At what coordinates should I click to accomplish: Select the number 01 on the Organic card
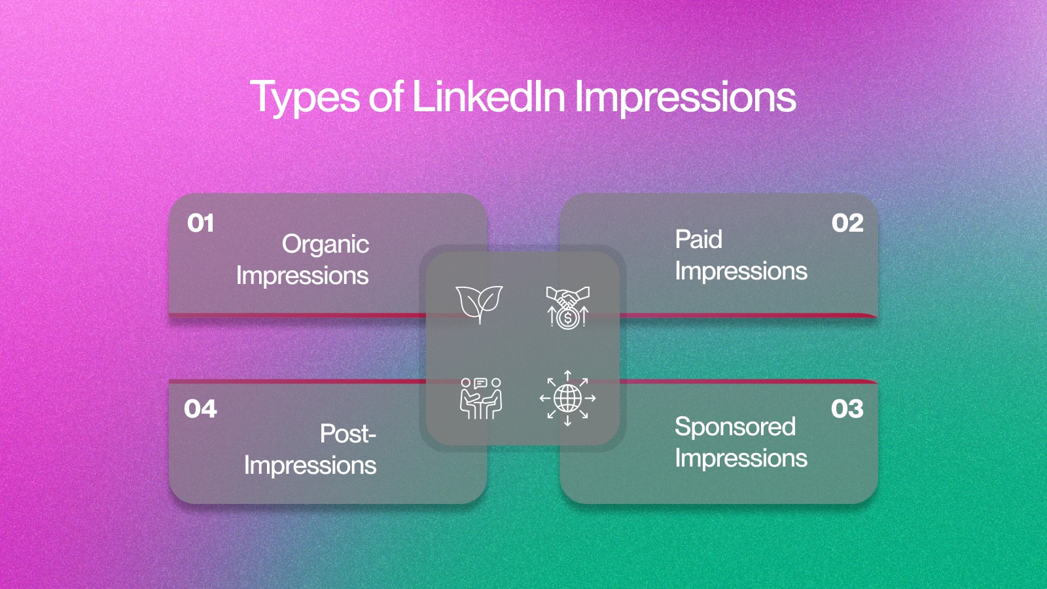click(x=200, y=223)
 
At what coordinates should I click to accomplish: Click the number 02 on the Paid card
click(x=847, y=223)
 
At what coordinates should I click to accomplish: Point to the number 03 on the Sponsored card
click(x=847, y=409)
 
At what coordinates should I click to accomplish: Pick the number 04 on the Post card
click(x=200, y=409)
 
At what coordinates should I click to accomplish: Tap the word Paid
click(x=698, y=240)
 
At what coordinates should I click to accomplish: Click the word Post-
click(x=348, y=433)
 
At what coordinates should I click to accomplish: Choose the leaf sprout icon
click(x=480, y=304)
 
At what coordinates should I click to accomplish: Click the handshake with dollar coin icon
click(x=567, y=308)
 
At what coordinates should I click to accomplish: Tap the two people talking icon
click(x=481, y=399)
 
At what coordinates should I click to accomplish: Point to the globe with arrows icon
click(x=567, y=399)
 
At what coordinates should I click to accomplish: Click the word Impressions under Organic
click(x=302, y=276)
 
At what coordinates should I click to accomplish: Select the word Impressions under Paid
click(x=741, y=272)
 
